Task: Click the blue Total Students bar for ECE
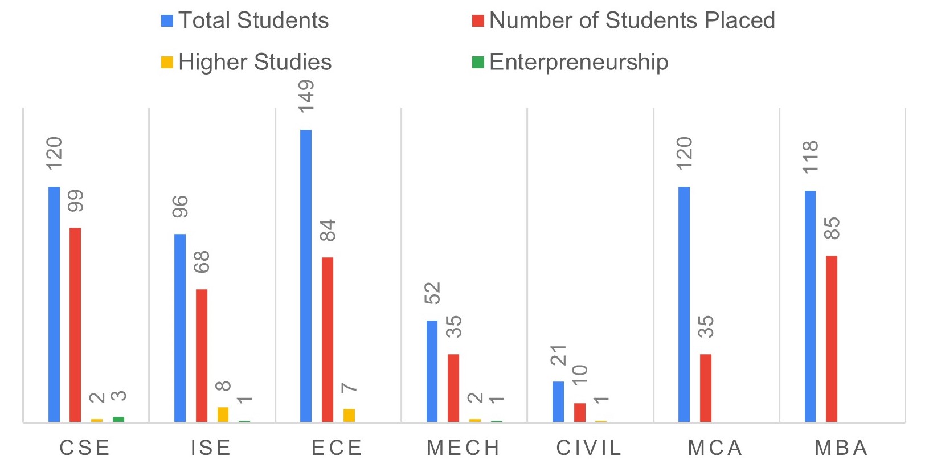pyautogui.click(x=306, y=276)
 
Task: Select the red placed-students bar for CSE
pyautogui.click(x=75, y=325)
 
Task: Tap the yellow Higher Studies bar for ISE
pyautogui.click(x=223, y=414)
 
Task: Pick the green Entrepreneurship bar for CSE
pyautogui.click(x=118, y=419)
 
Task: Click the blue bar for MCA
pyautogui.click(x=684, y=304)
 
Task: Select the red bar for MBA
pyautogui.click(x=832, y=339)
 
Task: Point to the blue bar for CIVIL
pyautogui.click(x=558, y=401)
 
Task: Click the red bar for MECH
pyautogui.click(x=453, y=388)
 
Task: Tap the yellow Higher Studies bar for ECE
pyautogui.click(x=349, y=415)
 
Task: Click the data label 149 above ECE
pyautogui.click(x=306, y=96)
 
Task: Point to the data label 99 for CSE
pyautogui.click(x=75, y=201)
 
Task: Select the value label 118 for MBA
pyautogui.click(x=810, y=157)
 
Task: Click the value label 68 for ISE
pyautogui.click(x=202, y=262)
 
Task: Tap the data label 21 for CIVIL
pyautogui.click(x=559, y=355)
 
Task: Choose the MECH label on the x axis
pyautogui.click(x=463, y=448)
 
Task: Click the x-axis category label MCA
pyautogui.click(x=715, y=448)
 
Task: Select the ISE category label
pyautogui.click(x=211, y=448)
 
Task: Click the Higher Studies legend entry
pyautogui.click(x=255, y=62)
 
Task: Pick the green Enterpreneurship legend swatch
pyautogui.click(x=478, y=62)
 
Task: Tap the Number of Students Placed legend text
pyautogui.click(x=632, y=20)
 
